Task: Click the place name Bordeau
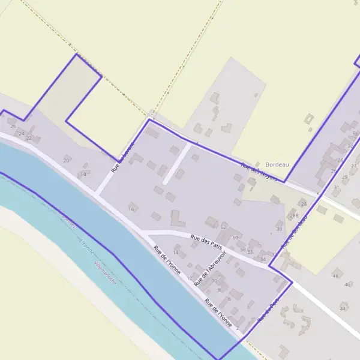(277, 164)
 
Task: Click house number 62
(223, 227)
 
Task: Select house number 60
(235, 238)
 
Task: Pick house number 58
(242, 250)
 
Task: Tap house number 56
(250, 251)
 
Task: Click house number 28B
(294, 215)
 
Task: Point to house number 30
(279, 229)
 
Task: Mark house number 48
(335, 275)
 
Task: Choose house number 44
(343, 308)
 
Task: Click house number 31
(336, 187)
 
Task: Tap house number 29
(344, 178)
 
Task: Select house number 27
(353, 166)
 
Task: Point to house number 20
(66, 161)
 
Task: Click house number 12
(190, 279)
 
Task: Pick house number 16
(131, 209)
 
